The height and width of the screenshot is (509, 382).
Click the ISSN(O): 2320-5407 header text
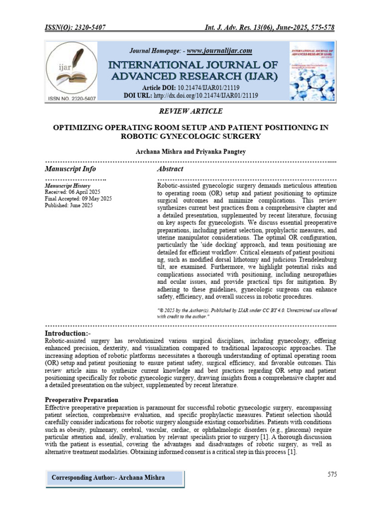coord(75,28)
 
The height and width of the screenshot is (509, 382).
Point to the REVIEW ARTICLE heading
coord(191,111)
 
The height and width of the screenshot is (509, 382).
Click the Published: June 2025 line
coord(69,205)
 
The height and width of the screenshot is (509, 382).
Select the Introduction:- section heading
coord(68,333)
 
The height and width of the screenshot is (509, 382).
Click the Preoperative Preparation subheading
coord(82,400)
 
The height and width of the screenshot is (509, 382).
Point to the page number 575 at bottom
coord(332,474)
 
